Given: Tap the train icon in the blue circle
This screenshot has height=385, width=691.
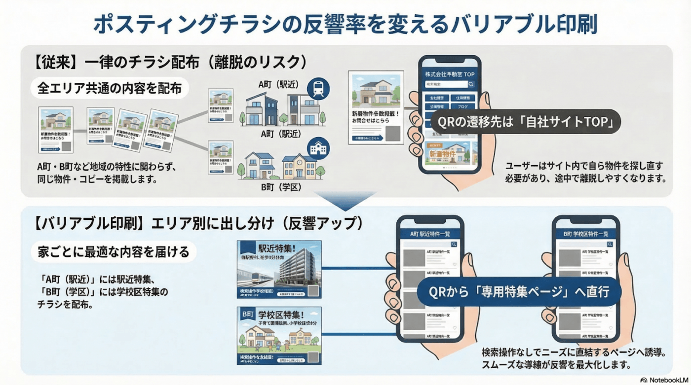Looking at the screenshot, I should pos(318,88).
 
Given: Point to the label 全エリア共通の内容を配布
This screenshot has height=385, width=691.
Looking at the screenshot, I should pos(110,89).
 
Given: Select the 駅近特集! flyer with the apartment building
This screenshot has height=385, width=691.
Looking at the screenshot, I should pos(279,269).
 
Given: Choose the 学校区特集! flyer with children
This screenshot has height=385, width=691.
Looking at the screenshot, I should pos(279,335).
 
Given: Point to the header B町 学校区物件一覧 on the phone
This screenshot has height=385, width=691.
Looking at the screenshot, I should pos(585,234).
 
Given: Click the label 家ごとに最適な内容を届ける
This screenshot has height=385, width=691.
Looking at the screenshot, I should pos(114,252).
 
